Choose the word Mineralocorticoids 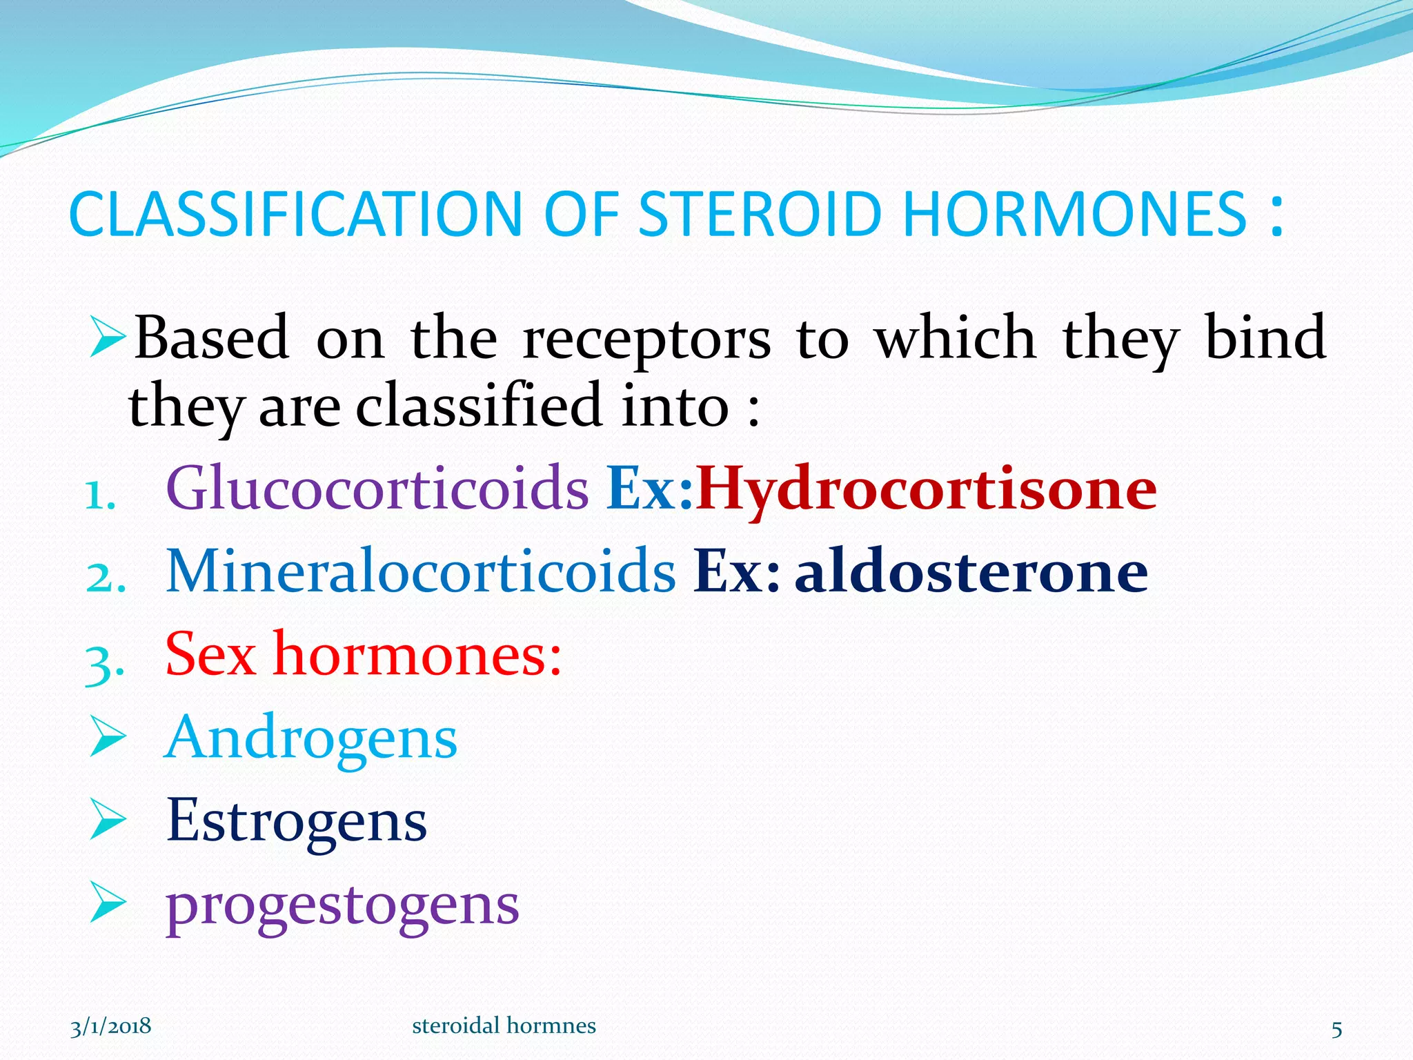[421, 571]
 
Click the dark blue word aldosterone [971, 571]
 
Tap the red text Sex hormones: [364, 654]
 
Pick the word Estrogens [297, 821]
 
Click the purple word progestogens [342, 905]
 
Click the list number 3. [104, 662]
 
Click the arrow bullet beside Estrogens [108, 821]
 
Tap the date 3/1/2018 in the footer [110, 1026]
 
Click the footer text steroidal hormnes [504, 1026]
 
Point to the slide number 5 [1336, 1030]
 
